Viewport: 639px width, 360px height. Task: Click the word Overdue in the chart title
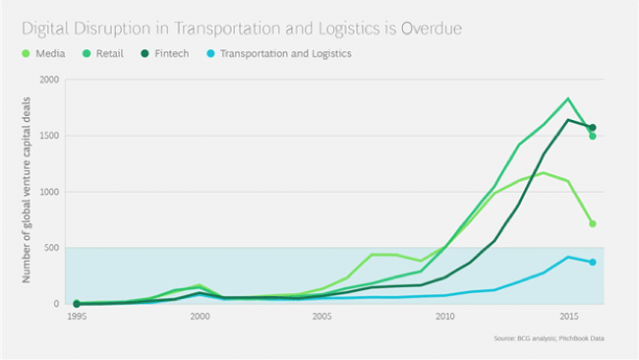coord(432,29)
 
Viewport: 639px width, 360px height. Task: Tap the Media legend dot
coord(26,53)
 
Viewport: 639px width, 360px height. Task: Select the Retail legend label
coord(110,54)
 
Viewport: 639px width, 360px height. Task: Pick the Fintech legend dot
coord(145,53)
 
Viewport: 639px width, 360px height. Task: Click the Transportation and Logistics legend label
coord(286,54)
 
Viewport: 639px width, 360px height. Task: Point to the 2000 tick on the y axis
coord(49,80)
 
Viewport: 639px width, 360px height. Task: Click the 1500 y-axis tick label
coord(49,136)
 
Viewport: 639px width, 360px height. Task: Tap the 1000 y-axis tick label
coord(49,192)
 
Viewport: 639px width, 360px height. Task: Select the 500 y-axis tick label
coord(51,248)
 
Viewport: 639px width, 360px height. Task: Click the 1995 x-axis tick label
coord(77,317)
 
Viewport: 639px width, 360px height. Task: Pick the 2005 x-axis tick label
coord(321,317)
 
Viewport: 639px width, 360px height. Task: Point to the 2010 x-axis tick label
coord(445,317)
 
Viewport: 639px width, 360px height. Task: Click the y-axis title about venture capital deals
coord(27,190)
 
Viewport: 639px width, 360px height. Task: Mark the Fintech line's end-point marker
coord(593,128)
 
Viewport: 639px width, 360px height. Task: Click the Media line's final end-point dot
coord(593,224)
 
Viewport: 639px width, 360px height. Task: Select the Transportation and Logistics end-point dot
coord(593,263)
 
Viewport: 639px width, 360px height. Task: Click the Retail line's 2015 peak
coord(568,98)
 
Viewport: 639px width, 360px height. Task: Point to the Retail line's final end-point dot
coord(593,136)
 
